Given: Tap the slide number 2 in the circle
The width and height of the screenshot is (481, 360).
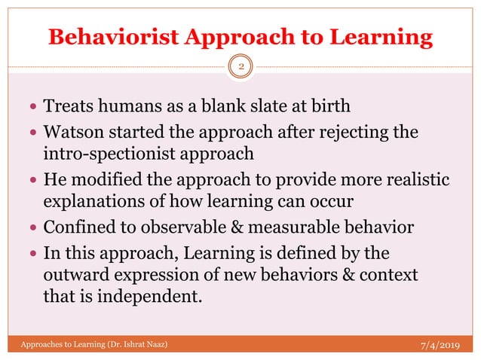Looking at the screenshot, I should [x=240, y=67].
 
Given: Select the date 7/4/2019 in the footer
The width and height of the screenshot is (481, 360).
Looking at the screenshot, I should [x=440, y=345].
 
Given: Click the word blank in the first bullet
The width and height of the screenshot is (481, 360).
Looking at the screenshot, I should [x=194, y=108].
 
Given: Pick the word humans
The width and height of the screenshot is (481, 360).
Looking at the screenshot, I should [x=118, y=108].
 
